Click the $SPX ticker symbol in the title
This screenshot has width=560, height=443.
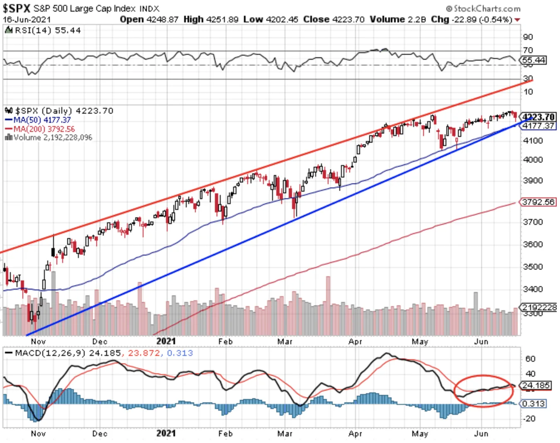(17, 8)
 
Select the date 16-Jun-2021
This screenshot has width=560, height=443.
(27, 20)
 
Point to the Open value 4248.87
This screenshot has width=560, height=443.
(162, 19)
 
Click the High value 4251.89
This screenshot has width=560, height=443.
(222, 19)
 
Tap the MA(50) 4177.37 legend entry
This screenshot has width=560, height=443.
(38, 120)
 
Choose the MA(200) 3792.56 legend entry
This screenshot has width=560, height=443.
(40, 129)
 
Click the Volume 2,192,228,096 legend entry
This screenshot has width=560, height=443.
(49, 137)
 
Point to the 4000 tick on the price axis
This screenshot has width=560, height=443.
(533, 160)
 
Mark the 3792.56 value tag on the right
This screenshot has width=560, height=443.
(538, 202)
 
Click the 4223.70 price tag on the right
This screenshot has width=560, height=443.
(538, 117)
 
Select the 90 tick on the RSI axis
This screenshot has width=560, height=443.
(528, 37)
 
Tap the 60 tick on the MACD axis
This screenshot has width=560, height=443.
(530, 359)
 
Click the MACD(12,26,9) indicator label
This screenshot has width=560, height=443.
(50, 353)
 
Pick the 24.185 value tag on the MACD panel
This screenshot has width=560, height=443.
(536, 385)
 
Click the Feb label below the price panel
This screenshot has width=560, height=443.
(225, 341)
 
